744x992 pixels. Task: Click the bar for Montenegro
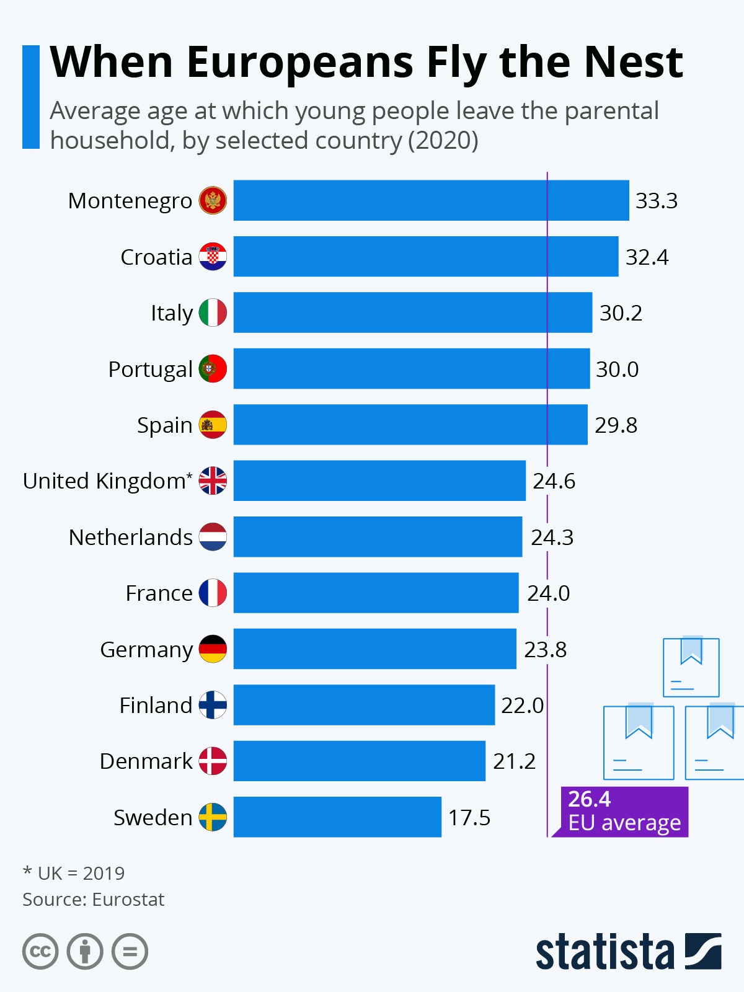pyautogui.click(x=431, y=200)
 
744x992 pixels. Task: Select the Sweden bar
pyautogui.click(x=337, y=817)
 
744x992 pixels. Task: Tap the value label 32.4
pyautogui.click(x=647, y=257)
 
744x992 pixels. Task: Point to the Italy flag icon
pyautogui.click(x=213, y=312)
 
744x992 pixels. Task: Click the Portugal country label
pyautogui.click(x=150, y=369)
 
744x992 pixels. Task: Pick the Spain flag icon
pyautogui.click(x=213, y=425)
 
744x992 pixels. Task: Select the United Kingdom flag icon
pyautogui.click(x=213, y=480)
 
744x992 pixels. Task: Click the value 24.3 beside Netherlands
pyautogui.click(x=552, y=537)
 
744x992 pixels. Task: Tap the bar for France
pyautogui.click(x=376, y=593)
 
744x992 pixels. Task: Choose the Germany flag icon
pyautogui.click(x=213, y=649)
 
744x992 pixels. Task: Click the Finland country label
pyautogui.click(x=156, y=705)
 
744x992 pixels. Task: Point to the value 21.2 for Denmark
pyautogui.click(x=514, y=761)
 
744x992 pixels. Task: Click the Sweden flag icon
pyautogui.click(x=213, y=817)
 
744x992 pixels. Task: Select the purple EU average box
pyautogui.click(x=624, y=812)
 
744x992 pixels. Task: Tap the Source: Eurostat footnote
pyautogui.click(x=94, y=900)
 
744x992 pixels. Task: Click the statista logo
pyautogui.click(x=628, y=952)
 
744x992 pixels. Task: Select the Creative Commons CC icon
pyautogui.click(x=40, y=952)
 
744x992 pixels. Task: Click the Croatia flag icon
pyautogui.click(x=213, y=257)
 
